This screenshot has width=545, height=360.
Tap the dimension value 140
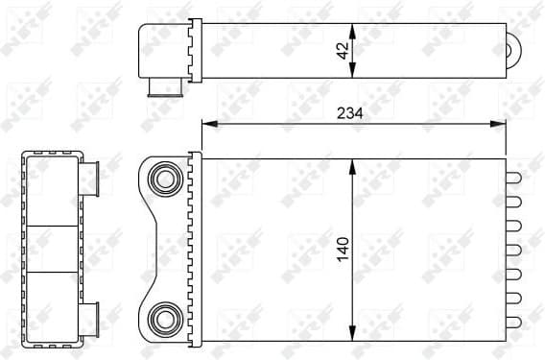pyautogui.click(x=343, y=251)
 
